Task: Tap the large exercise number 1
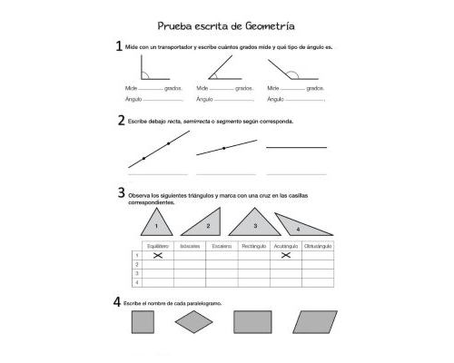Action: click(118, 46)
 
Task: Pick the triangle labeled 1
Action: click(156, 221)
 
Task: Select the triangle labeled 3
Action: click(254, 222)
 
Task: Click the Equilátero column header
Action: click(158, 246)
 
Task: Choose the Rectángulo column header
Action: click(253, 246)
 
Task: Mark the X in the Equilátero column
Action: click(158, 256)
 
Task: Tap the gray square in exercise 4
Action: click(143, 322)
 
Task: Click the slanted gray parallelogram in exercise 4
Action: click(305, 322)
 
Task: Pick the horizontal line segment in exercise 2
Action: click(296, 147)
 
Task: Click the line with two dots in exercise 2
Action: click(159, 150)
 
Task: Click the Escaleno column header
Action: click(222, 246)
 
